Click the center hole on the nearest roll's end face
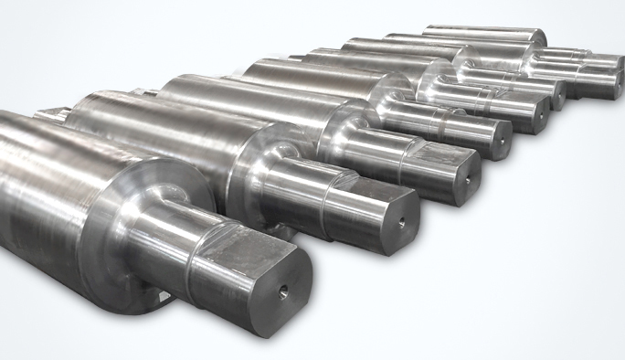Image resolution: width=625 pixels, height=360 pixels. coord(282,292)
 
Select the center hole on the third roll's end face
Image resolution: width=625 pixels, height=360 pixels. coord(466,179)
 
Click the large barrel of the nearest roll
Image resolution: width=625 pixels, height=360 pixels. coord(55,183)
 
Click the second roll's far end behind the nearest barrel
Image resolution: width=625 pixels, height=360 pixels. coord(50,113)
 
